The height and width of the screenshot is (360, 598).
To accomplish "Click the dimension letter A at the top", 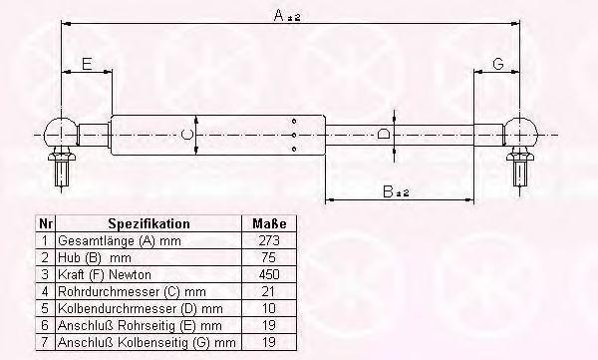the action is click(x=279, y=15).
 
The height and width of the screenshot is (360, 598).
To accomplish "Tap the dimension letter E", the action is click(x=87, y=64).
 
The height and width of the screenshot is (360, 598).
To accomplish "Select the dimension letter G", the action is click(x=498, y=64).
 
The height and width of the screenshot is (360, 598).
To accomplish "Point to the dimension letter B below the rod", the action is click(x=388, y=191).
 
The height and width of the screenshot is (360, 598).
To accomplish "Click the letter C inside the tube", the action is click(x=186, y=135).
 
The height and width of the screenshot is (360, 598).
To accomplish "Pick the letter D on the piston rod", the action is click(x=384, y=134).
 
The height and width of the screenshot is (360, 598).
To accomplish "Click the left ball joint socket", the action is click(x=60, y=133).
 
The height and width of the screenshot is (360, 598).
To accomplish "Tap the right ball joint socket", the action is click(x=520, y=132).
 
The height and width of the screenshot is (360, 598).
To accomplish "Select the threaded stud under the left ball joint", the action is click(x=62, y=174).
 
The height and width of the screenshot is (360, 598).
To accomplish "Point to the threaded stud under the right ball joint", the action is click(x=520, y=174).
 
